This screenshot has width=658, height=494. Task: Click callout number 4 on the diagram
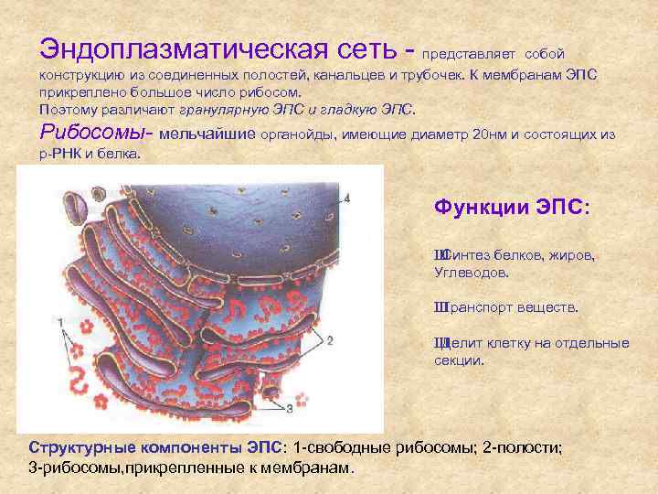[x=347, y=199]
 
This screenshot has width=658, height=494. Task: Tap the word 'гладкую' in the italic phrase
[x=344, y=109]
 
